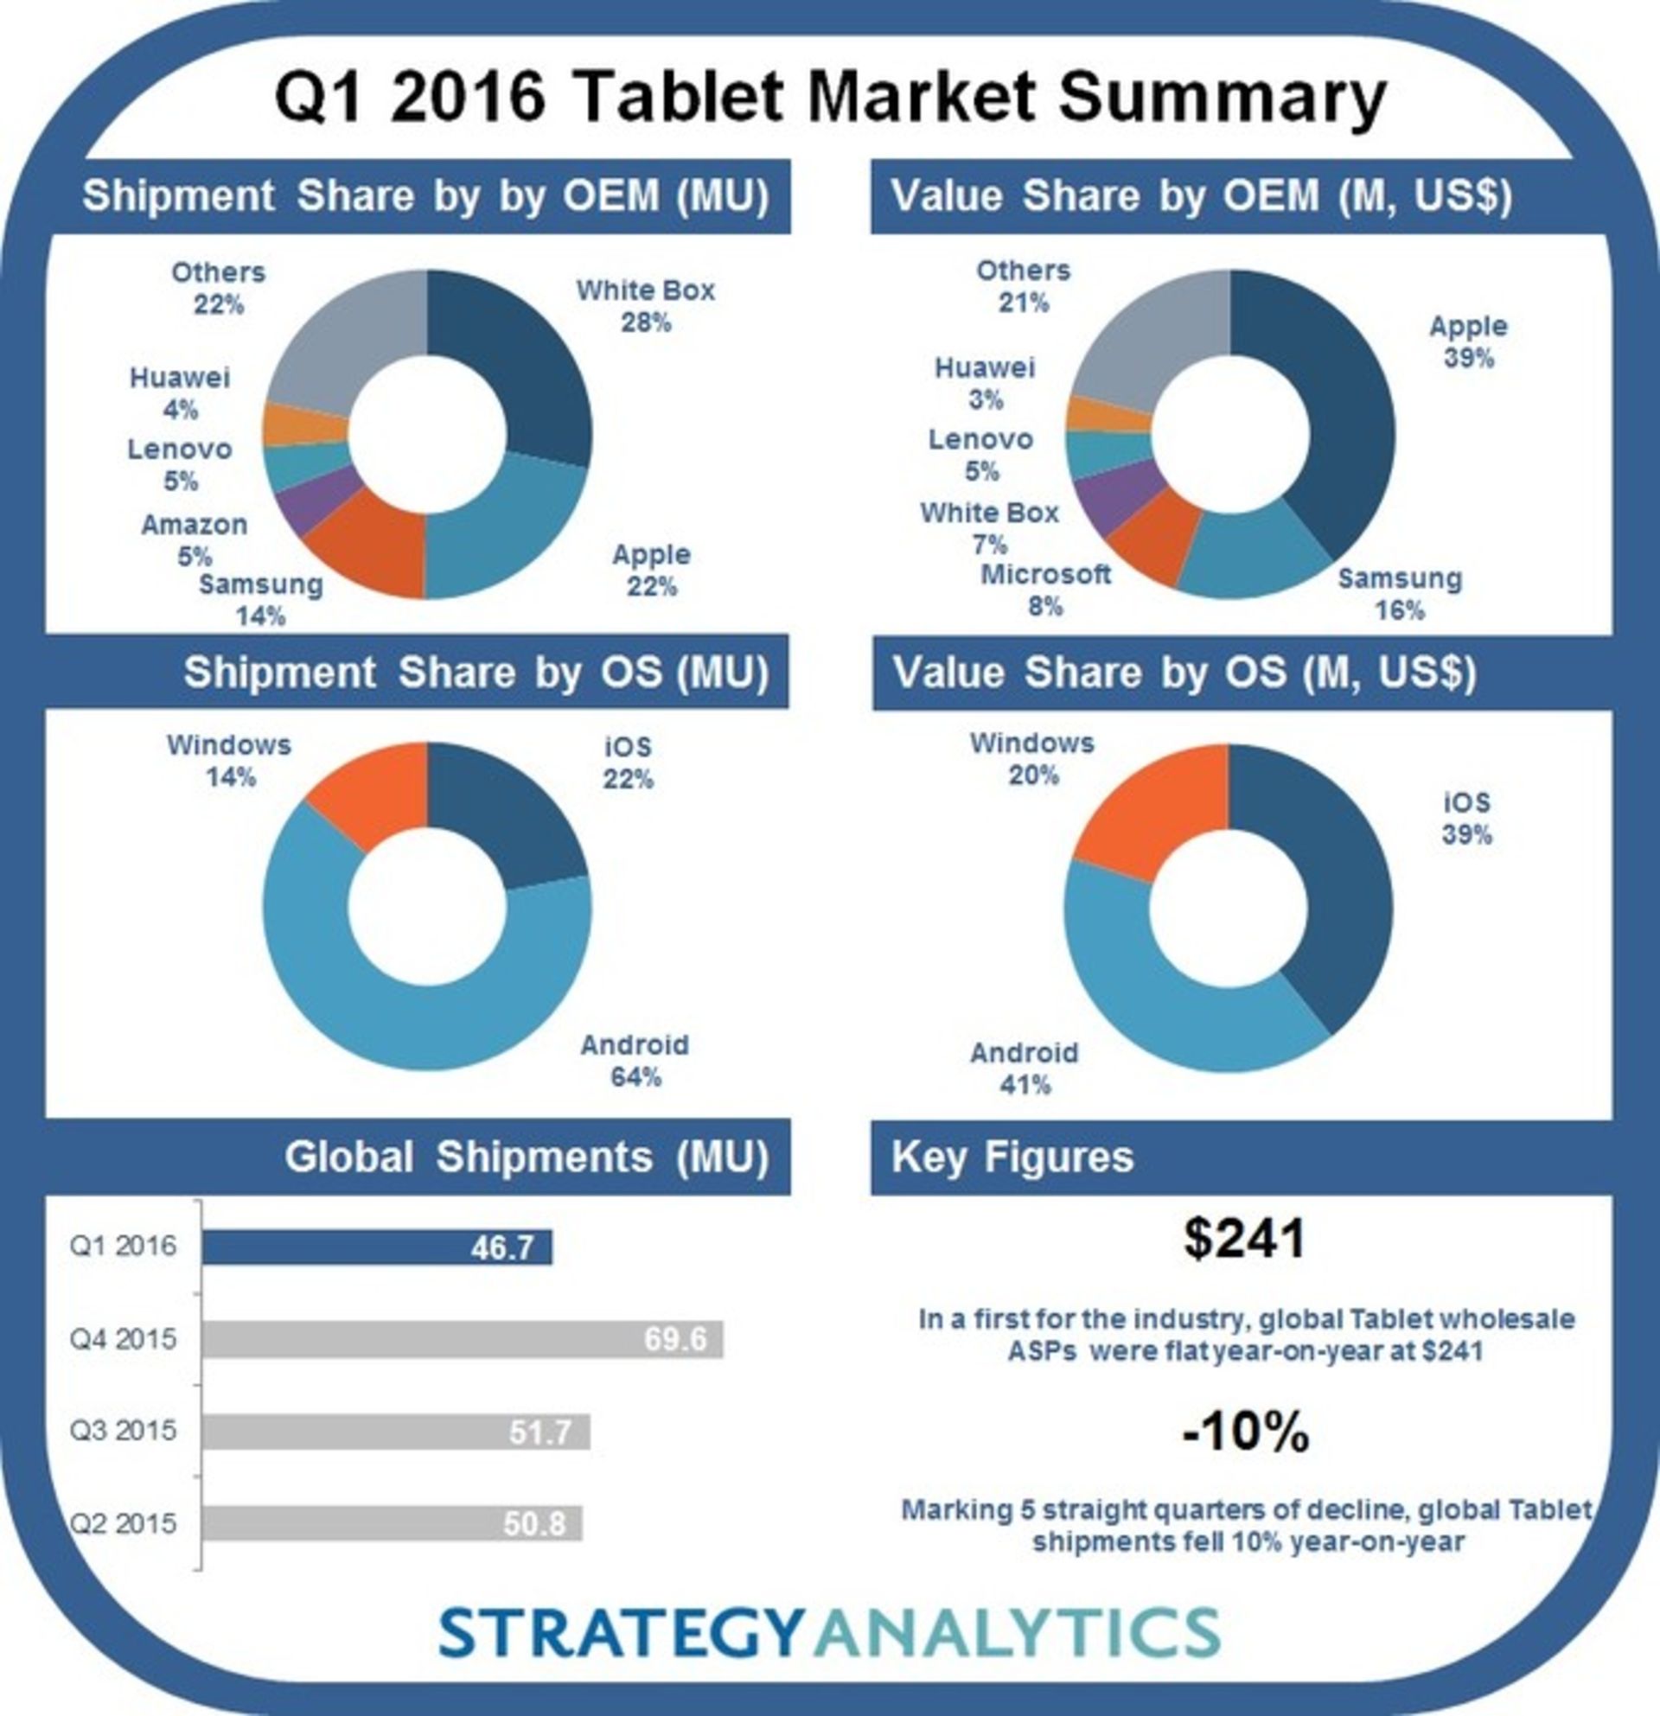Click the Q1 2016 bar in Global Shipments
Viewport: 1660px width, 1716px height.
[376, 1247]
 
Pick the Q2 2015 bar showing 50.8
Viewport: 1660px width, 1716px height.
[392, 1523]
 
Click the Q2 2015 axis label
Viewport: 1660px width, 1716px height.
[124, 1523]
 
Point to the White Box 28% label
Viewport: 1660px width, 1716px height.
[645, 306]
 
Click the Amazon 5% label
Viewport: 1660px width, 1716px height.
[195, 540]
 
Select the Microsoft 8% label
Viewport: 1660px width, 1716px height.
[1045, 590]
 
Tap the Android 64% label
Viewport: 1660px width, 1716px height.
[635, 1060]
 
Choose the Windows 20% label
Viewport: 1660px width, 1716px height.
[1032, 759]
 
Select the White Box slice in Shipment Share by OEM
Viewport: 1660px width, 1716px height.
[526, 367]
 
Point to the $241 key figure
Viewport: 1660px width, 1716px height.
[1244, 1239]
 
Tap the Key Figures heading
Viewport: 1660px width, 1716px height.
[1012, 1158]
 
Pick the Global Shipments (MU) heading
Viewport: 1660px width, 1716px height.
[527, 1158]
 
